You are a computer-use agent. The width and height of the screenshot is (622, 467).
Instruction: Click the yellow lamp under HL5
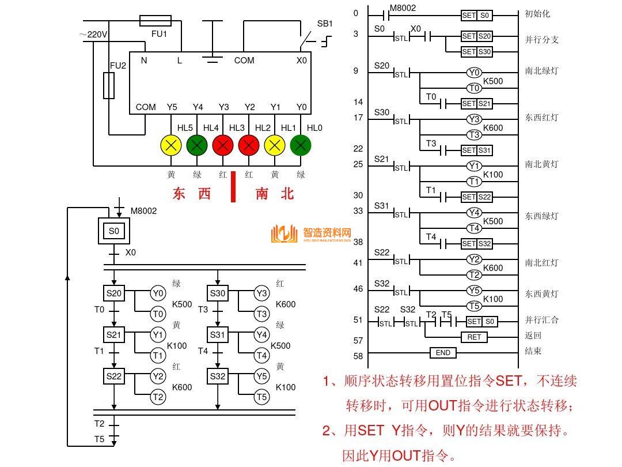coord(171,145)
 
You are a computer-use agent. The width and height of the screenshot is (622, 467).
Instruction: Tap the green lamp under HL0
coord(300,145)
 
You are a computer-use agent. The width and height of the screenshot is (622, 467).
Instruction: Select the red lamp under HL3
coord(249,145)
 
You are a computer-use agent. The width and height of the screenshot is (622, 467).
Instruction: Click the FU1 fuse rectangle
coord(155,21)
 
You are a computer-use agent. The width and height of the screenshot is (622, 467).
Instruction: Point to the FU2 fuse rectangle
coord(108,85)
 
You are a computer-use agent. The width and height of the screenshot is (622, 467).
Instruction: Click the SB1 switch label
coord(325,24)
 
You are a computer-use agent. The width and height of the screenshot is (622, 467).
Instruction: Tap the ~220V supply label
coord(93,35)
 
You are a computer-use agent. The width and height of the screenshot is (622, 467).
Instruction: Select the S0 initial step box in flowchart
coord(114,231)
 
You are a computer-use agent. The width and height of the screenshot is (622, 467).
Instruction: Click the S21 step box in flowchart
coord(114,334)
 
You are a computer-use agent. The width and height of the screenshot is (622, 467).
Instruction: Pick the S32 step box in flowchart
coord(218,376)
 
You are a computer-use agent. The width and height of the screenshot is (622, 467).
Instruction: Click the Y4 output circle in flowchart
coord(261,334)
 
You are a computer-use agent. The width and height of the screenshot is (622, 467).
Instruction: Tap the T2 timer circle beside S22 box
coord(158,397)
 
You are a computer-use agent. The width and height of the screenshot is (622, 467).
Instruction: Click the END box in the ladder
coord(443,353)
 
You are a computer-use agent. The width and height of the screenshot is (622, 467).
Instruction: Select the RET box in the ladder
coord(474,337)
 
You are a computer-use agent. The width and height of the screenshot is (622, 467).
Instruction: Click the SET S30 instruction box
coord(477,52)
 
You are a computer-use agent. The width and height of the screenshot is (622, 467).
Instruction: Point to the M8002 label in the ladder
coord(403,9)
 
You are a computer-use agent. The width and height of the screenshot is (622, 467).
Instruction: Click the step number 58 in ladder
coord(358,356)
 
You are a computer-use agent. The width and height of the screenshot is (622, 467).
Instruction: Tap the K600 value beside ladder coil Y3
coord(492,128)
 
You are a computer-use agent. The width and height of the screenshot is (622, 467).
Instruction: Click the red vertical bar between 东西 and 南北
coord(233,186)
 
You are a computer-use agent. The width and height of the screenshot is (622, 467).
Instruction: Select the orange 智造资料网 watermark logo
coord(311,233)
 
